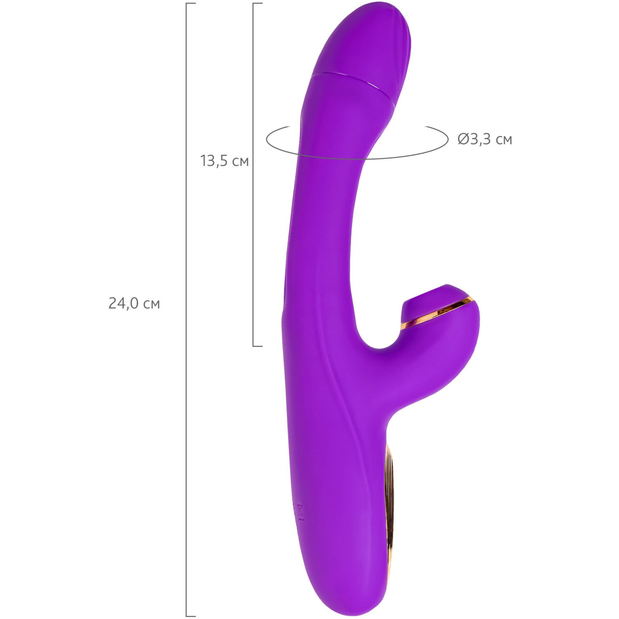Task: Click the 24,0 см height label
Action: pos(134,303)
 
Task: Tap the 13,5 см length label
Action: pos(224,161)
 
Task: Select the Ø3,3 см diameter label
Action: pos(485,139)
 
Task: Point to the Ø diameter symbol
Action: pos(463,139)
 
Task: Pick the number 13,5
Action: pos(215,161)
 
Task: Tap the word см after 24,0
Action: pos(151,305)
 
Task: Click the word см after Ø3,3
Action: pos(503,141)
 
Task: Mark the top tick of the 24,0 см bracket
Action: pos(191,3)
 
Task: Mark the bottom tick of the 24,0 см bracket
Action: pos(191,616)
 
